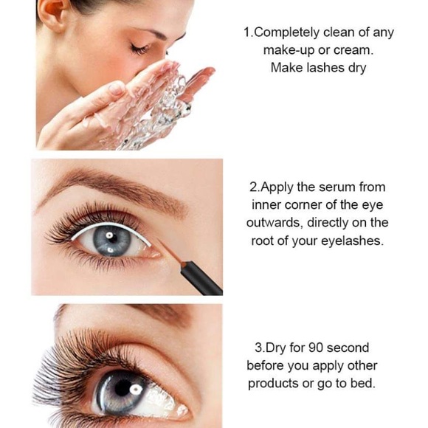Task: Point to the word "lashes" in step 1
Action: click(x=325, y=68)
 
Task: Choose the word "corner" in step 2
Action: click(x=303, y=206)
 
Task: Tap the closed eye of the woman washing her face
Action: click(x=139, y=49)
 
